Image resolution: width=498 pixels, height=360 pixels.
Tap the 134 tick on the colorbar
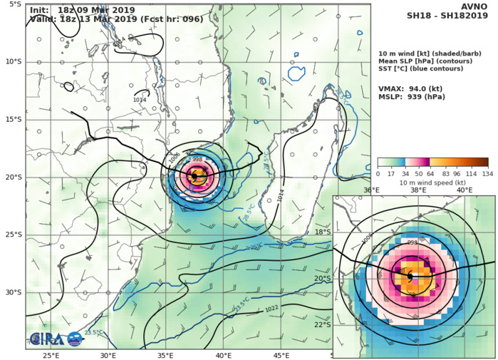(488, 173)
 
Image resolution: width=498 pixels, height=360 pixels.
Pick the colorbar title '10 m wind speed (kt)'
(432, 182)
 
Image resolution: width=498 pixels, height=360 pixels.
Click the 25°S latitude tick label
(14, 235)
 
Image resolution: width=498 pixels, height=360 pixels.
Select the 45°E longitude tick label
(281, 356)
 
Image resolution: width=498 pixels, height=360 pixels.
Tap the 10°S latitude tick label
(14, 62)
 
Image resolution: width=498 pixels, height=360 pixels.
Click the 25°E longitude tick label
(51, 356)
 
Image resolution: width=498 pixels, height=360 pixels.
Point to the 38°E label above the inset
(418, 190)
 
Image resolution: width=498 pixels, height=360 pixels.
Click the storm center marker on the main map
(194, 175)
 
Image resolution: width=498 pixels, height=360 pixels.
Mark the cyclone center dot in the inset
(410, 275)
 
